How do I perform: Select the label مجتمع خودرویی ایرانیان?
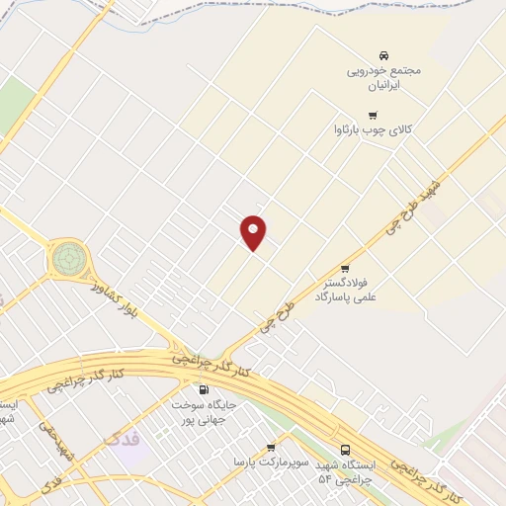tap(384, 79)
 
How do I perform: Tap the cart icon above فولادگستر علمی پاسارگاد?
tap(345, 268)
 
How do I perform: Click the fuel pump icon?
tap(205, 389)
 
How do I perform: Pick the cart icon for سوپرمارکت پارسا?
tap(270, 448)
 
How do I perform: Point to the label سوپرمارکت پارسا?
tap(272, 462)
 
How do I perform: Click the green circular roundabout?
tap(69, 258)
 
